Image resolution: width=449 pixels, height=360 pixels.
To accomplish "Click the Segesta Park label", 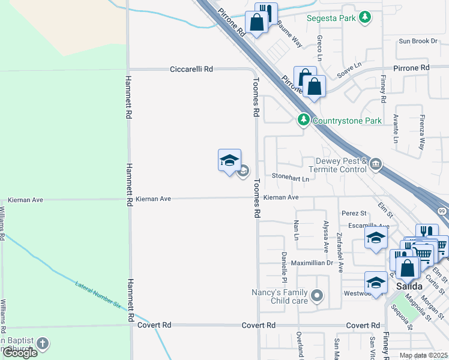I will point(331,19).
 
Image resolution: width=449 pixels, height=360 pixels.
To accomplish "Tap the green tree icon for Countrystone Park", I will point(304,121).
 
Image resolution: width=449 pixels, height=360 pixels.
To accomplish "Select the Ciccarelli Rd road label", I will point(191,69).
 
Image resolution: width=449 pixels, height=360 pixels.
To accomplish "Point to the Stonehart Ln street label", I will point(290,178).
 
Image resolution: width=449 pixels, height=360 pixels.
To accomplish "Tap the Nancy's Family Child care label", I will point(280,296).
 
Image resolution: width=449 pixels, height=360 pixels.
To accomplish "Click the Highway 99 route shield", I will point(442,211).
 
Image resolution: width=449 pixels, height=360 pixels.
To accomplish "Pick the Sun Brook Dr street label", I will point(418,41).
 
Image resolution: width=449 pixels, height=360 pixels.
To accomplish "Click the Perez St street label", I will point(354,213).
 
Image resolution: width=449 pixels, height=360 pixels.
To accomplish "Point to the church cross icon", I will point(42,344).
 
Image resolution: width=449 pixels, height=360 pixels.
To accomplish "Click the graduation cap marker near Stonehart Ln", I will point(229,160).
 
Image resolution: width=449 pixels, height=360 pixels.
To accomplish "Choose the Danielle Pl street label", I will point(284,268).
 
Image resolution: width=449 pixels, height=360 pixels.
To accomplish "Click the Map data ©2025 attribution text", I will point(422,355).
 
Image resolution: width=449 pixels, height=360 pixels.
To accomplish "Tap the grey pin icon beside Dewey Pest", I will point(376,164).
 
